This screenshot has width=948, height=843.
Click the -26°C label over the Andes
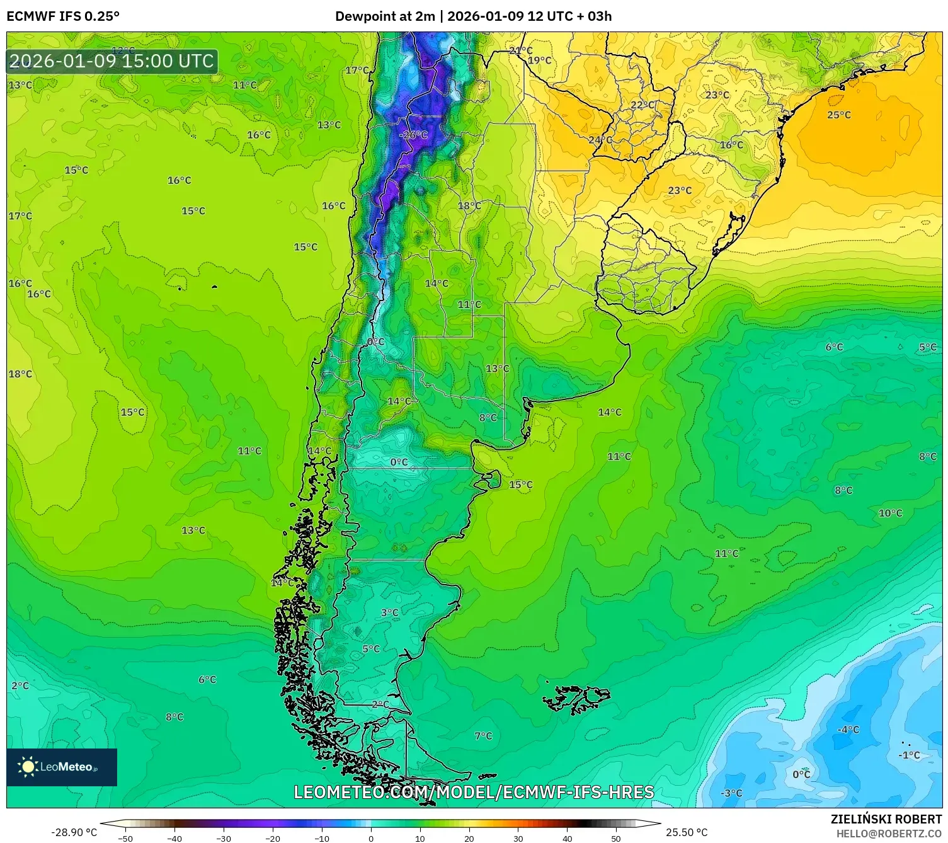(413, 135)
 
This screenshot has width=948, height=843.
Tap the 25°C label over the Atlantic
(838, 115)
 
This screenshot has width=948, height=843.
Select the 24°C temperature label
(600, 140)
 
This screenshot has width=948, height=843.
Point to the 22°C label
(642, 105)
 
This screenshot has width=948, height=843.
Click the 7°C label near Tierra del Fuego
(483, 736)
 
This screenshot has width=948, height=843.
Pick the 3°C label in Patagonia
(389, 612)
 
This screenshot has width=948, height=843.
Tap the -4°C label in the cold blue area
(847, 730)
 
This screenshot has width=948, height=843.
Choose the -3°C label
(731, 793)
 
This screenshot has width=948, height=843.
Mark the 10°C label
(890, 513)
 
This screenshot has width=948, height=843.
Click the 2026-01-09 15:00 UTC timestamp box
(112, 61)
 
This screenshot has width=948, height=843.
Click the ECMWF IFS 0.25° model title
(63, 16)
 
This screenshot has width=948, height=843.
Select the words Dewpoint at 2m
(385, 16)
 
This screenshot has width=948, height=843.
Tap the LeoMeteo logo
(62, 767)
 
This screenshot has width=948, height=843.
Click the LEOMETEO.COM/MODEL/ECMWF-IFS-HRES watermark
(474, 792)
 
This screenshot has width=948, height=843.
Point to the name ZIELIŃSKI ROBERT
(886, 819)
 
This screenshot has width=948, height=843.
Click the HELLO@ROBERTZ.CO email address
(888, 834)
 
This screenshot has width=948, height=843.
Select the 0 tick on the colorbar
(370, 838)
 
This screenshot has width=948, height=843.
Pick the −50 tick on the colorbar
(125, 838)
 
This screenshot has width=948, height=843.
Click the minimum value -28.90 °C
(74, 832)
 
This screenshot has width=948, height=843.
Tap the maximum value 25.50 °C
(687, 832)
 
